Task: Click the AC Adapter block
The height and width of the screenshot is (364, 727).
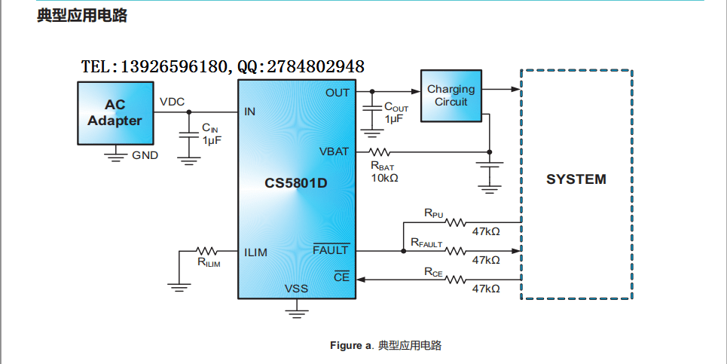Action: coord(114,113)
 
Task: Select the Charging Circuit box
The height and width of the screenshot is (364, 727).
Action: coord(452,95)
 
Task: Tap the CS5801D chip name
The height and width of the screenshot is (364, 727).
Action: coord(296,183)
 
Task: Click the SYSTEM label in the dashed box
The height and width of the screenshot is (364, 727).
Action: coord(576,179)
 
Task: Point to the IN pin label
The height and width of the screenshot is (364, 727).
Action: coord(250,112)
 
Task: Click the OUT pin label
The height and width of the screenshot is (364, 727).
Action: coord(338,93)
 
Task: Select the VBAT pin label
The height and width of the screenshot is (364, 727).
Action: coord(334,151)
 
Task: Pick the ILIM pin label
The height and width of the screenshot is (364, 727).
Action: coord(255,252)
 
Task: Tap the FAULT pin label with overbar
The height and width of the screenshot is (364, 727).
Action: coord(331,250)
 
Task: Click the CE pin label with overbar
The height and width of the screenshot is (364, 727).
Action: coord(341,278)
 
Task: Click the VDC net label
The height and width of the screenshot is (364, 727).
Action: coord(172,102)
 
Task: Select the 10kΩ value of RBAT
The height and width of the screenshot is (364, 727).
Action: coord(384,178)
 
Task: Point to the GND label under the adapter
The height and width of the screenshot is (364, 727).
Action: coord(145,155)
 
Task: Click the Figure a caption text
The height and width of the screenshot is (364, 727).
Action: coord(385,345)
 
